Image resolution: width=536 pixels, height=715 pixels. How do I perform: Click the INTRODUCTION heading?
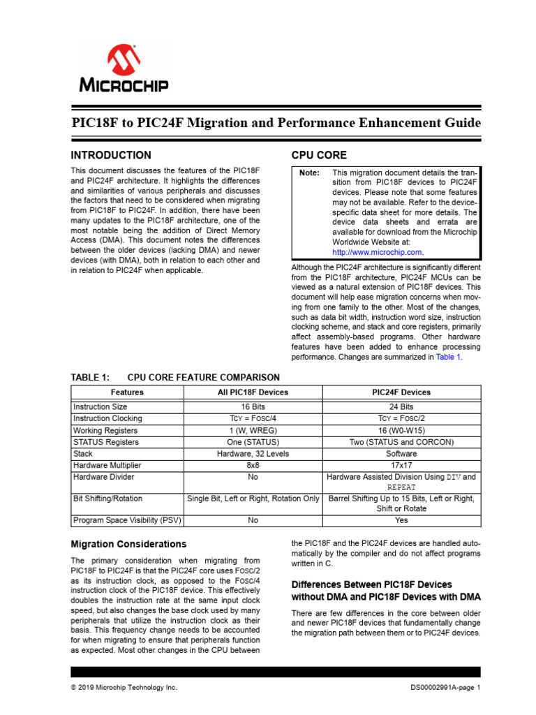click(111, 155)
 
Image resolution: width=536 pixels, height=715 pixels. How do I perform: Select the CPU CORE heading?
click(318, 155)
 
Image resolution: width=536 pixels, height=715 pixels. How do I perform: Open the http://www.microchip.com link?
click(378, 252)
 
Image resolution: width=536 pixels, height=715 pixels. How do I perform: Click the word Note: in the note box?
click(309, 173)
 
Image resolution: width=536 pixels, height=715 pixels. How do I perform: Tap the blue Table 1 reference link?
click(448, 357)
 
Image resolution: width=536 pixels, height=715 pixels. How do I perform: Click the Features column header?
click(127, 392)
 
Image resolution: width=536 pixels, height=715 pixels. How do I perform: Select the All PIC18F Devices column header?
click(253, 392)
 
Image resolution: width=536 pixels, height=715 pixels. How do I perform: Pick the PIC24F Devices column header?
click(401, 392)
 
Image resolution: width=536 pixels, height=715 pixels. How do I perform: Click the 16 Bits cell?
click(253, 406)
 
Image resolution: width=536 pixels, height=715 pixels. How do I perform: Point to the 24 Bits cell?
click(401, 406)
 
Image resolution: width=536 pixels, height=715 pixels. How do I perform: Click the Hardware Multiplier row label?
click(107, 465)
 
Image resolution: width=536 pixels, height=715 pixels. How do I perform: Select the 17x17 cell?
click(401, 465)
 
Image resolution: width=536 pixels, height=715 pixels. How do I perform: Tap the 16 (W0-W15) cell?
click(401, 430)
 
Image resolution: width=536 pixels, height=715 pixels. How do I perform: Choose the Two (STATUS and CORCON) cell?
click(401, 442)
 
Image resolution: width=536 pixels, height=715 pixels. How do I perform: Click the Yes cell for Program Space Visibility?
click(401, 519)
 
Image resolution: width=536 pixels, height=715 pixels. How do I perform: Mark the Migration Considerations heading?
click(129, 543)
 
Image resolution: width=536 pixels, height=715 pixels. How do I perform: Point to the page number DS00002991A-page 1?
click(446, 688)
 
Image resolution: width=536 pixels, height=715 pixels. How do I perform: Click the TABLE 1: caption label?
click(91, 377)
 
